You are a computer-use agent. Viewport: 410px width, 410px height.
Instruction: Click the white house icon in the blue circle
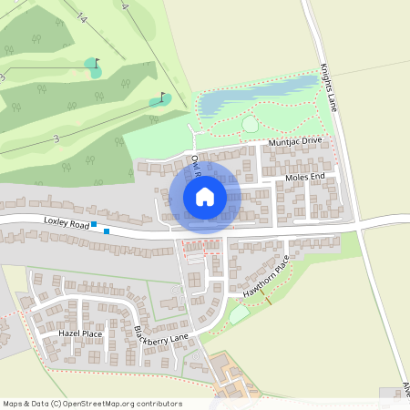[x=205, y=197]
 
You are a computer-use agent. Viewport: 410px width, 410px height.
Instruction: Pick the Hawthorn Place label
[x=267, y=278]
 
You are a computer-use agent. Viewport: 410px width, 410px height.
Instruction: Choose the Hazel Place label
[x=80, y=334]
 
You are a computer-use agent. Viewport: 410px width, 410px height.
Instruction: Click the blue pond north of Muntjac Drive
[x=246, y=96]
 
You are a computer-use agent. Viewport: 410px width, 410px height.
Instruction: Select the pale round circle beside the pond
[x=250, y=124]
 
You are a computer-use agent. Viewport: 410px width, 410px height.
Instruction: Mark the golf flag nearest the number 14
[x=97, y=63]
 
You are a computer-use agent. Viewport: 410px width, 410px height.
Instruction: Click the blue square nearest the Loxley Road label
[x=93, y=223]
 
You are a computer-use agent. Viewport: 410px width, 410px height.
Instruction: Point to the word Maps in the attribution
[x=13, y=404]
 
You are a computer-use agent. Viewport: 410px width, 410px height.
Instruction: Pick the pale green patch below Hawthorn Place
[x=239, y=314]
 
